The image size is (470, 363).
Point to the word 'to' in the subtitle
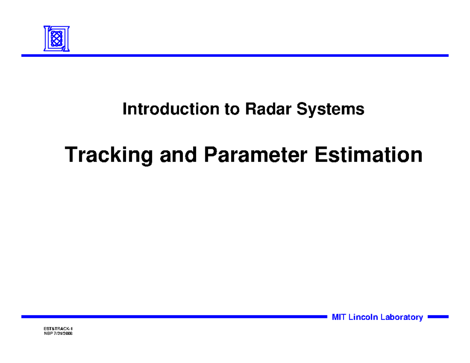(x=232, y=109)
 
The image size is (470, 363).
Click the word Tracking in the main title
(x=109, y=155)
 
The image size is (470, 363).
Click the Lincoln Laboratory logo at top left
(x=56, y=38)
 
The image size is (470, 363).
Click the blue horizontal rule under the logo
(x=235, y=56)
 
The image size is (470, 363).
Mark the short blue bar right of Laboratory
(x=438, y=316)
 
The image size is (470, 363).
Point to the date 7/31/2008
(x=63, y=334)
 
